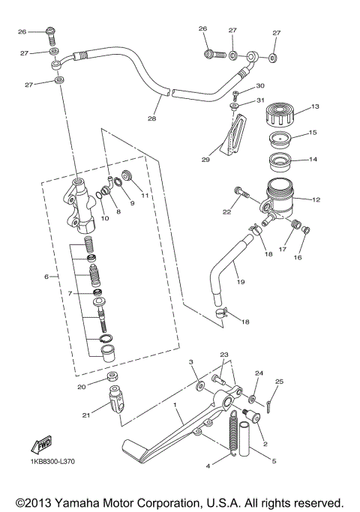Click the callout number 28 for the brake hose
tap(152, 119)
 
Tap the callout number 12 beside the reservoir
tap(316, 199)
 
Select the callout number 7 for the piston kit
tap(69, 293)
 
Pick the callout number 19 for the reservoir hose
tap(241, 283)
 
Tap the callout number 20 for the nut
tap(82, 387)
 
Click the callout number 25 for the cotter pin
tap(280, 382)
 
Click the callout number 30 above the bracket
tap(261, 86)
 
